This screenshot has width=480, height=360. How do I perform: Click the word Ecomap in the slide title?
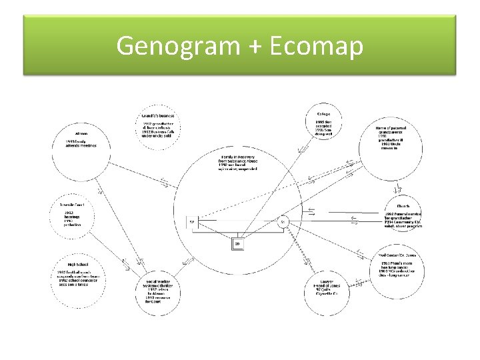click(x=319, y=46)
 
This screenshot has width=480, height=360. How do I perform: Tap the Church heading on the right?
click(x=403, y=206)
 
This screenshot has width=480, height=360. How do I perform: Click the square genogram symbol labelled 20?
click(x=237, y=244)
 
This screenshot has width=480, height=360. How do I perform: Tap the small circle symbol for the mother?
click(x=283, y=221)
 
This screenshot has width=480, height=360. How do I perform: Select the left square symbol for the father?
click(x=192, y=221)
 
